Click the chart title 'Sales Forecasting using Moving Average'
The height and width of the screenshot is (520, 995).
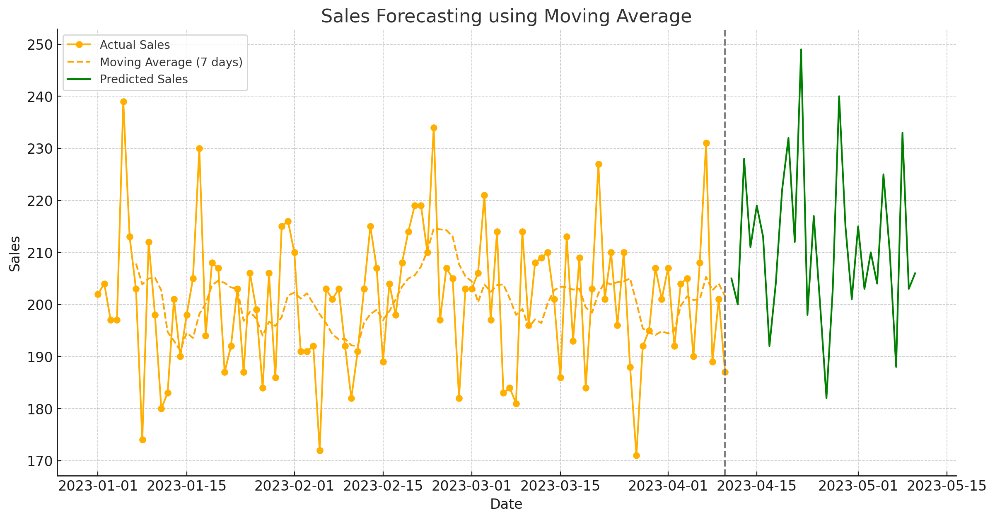coord(506,17)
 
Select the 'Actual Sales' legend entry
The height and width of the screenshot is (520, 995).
coord(135,45)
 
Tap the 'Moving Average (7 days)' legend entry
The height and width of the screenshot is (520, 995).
coord(171,62)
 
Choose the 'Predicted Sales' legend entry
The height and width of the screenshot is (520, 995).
coord(144,79)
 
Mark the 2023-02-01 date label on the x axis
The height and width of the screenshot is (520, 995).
coord(294,486)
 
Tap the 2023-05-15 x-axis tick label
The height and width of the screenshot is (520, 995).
coord(947,486)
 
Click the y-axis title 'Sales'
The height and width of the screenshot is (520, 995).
coord(15,254)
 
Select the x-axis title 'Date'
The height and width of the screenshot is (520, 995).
coord(506,504)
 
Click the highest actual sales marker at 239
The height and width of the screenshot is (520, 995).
coord(123,102)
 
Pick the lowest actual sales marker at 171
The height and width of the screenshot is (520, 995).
coord(636,456)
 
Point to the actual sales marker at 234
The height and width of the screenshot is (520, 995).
coord(434,128)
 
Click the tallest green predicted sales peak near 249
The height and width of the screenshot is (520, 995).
coord(801,50)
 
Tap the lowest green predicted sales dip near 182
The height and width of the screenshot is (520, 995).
coord(826,398)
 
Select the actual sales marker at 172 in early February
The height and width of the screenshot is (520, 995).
coord(320,450)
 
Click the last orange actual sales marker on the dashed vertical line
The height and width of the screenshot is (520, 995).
coord(725,372)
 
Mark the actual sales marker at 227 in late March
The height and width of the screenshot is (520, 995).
coord(599,164)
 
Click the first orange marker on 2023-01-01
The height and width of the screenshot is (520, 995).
coord(98,294)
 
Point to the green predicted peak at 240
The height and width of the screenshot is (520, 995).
coord(839,97)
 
